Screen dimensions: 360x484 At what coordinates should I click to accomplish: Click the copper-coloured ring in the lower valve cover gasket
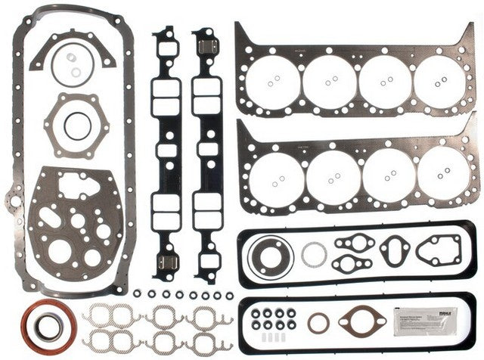318,324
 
